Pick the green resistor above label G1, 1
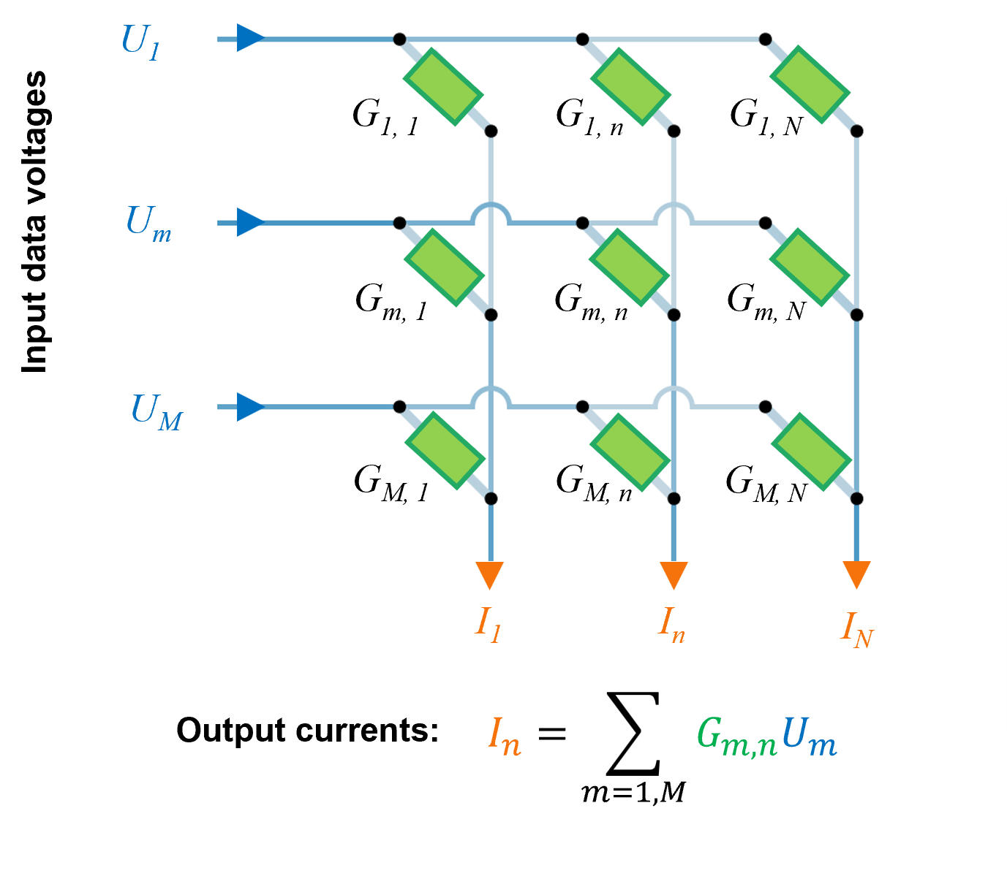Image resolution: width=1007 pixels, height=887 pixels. tap(442, 87)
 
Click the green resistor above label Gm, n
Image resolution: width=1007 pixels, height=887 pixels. tap(629, 267)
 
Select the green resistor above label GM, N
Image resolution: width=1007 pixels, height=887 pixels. tap(811, 452)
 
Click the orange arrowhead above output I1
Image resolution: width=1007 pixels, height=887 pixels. tap(490, 574)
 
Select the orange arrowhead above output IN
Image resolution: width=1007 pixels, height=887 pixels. tap(856, 574)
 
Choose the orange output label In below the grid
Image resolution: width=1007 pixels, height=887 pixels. tap(672, 625)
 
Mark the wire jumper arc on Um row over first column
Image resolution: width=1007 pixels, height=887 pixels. tap(491, 213)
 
